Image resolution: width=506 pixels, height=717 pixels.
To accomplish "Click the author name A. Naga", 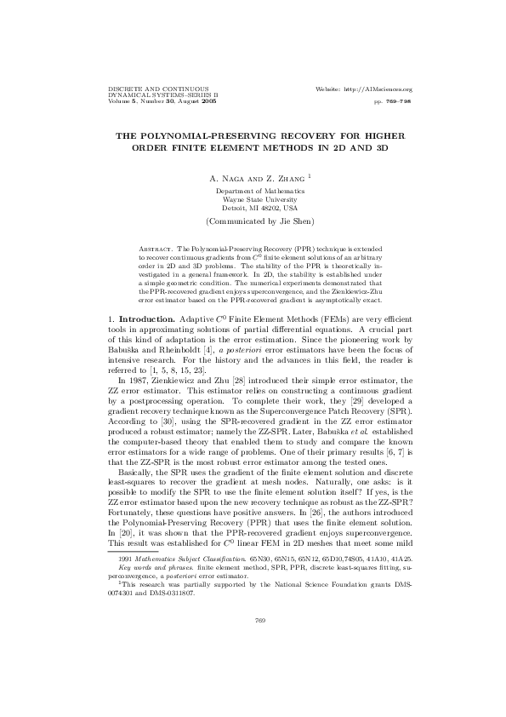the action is coord(223,179).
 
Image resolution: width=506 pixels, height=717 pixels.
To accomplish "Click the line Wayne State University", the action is coord(259,200).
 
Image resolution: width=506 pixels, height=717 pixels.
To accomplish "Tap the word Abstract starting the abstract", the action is coord(156,255).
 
